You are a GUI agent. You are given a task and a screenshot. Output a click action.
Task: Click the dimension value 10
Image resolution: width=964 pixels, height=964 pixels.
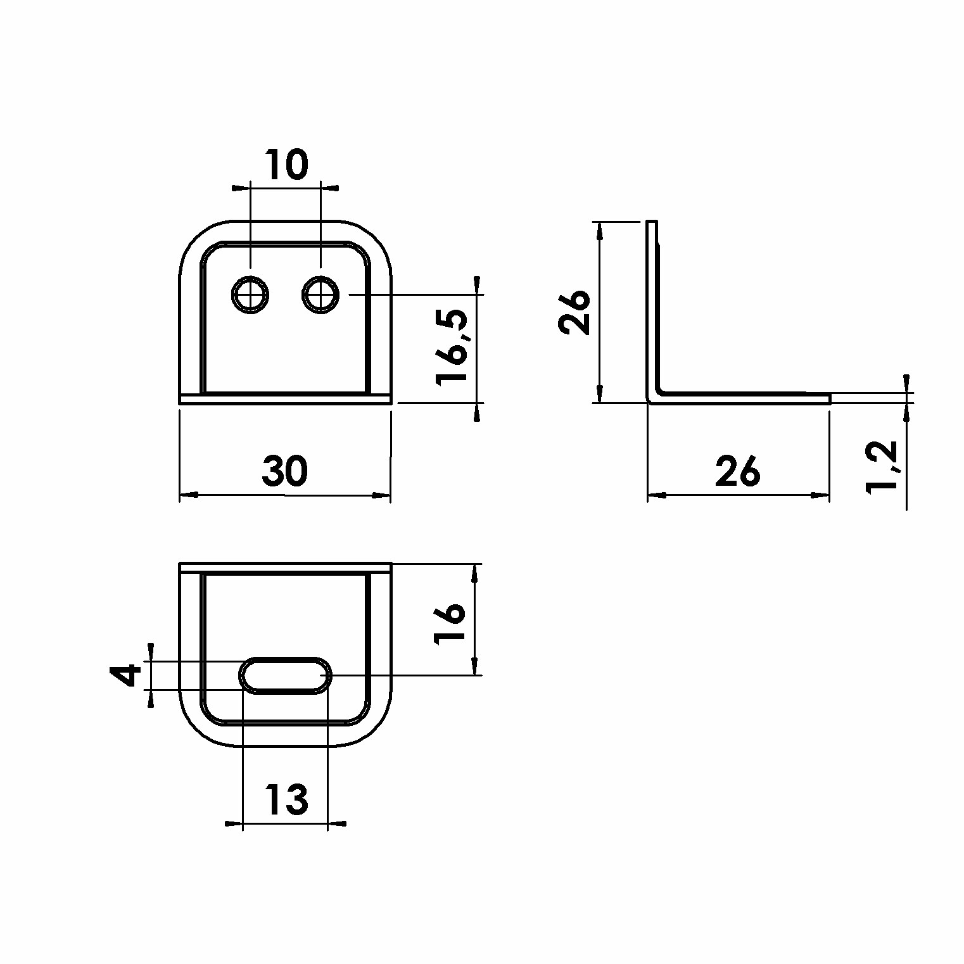click(x=286, y=164)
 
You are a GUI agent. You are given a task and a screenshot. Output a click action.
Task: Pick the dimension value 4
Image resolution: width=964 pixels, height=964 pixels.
click(x=129, y=675)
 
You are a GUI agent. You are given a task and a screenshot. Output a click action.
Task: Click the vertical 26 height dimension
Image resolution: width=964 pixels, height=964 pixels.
click(x=574, y=312)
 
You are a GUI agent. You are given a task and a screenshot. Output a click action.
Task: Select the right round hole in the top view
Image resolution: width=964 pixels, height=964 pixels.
click(x=321, y=295)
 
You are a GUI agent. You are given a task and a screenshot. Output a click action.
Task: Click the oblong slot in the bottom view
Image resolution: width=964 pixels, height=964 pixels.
click(x=285, y=675)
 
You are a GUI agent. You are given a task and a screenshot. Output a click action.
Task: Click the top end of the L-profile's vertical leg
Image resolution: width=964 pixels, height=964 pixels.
click(x=653, y=222)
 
